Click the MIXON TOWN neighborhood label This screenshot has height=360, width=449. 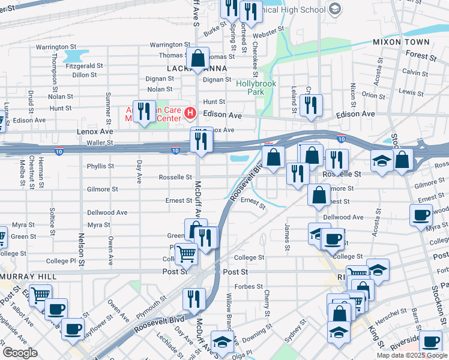click(401, 42)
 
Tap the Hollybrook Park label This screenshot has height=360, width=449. click(256, 88)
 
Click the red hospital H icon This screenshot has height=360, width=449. click(190, 112)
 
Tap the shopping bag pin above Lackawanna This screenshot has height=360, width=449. click(197, 59)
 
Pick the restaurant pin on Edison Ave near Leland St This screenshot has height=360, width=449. click(311, 106)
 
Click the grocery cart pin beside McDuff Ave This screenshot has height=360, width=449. click(187, 254)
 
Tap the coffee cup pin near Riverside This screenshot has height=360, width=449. click(430, 341)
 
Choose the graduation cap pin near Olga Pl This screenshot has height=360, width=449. click(222, 343)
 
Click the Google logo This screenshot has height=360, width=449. click(20, 353)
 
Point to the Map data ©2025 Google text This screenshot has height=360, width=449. click(412, 355)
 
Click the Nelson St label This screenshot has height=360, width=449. click(81, 247)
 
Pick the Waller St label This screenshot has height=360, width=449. click(98, 143)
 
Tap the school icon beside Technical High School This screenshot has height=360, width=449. click(335, 9)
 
